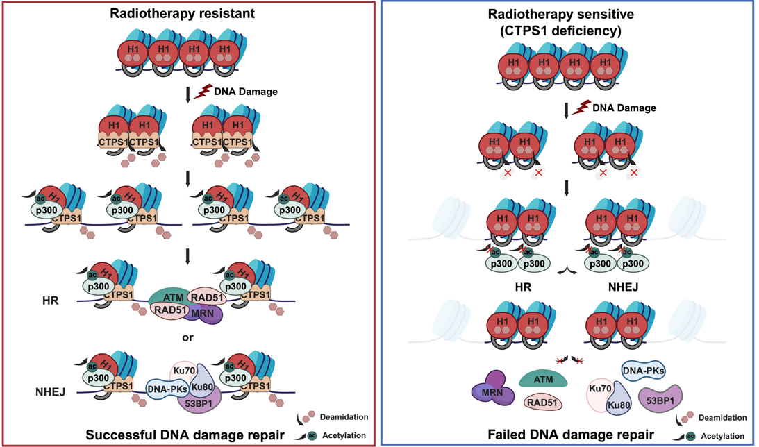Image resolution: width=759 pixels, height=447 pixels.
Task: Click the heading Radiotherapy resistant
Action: (188, 12)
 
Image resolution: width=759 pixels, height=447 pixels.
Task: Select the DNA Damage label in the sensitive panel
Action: (624, 108)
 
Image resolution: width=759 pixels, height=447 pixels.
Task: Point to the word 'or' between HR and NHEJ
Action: (187, 338)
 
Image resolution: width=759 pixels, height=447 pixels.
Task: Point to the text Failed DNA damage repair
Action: (570, 435)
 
